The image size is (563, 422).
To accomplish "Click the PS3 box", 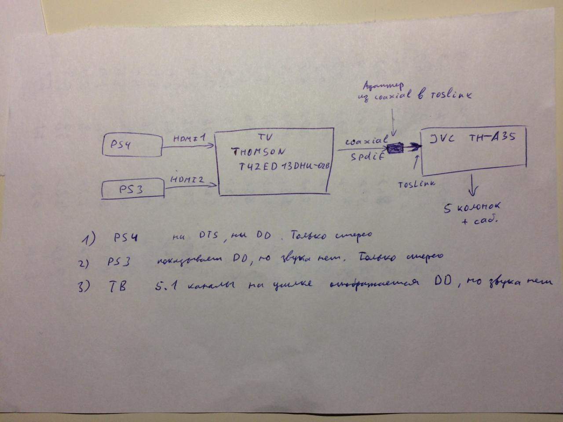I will point(132,190).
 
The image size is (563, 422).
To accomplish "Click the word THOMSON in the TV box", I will point(259,153).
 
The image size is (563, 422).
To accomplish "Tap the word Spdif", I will point(365,157).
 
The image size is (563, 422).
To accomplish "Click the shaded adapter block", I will point(395,149).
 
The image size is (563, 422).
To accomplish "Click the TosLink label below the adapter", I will point(416,184).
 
